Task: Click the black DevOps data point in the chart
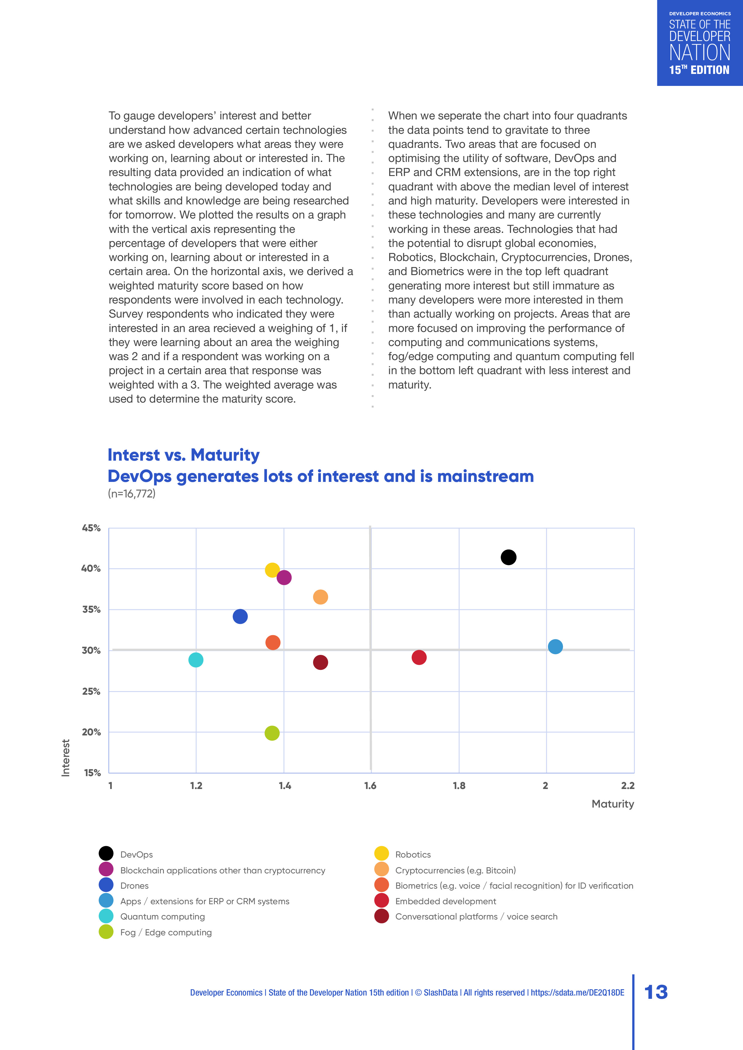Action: [508, 557]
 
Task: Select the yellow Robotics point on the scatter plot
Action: [272, 570]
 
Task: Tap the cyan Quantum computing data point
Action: [196, 660]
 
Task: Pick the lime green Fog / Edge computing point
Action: [272, 733]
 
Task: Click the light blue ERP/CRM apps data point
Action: [555, 647]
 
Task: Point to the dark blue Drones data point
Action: [240, 617]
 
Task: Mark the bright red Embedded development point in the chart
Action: [419, 657]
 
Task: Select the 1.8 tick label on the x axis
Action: [459, 786]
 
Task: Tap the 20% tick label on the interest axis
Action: [91, 732]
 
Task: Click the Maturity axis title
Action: [613, 804]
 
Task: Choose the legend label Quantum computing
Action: [162, 917]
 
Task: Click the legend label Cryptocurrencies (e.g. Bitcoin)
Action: [455, 870]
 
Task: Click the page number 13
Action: [656, 992]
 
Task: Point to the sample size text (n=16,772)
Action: [132, 494]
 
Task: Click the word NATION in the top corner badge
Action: [700, 53]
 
